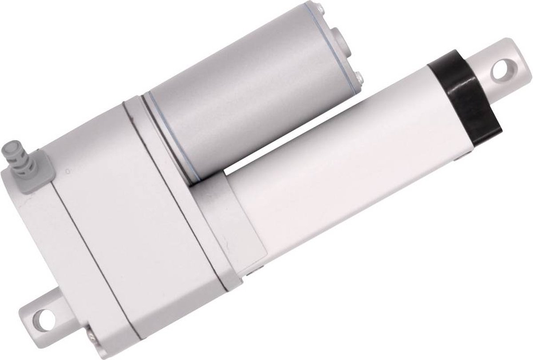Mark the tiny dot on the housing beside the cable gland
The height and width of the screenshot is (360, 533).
[x=67, y=170]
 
